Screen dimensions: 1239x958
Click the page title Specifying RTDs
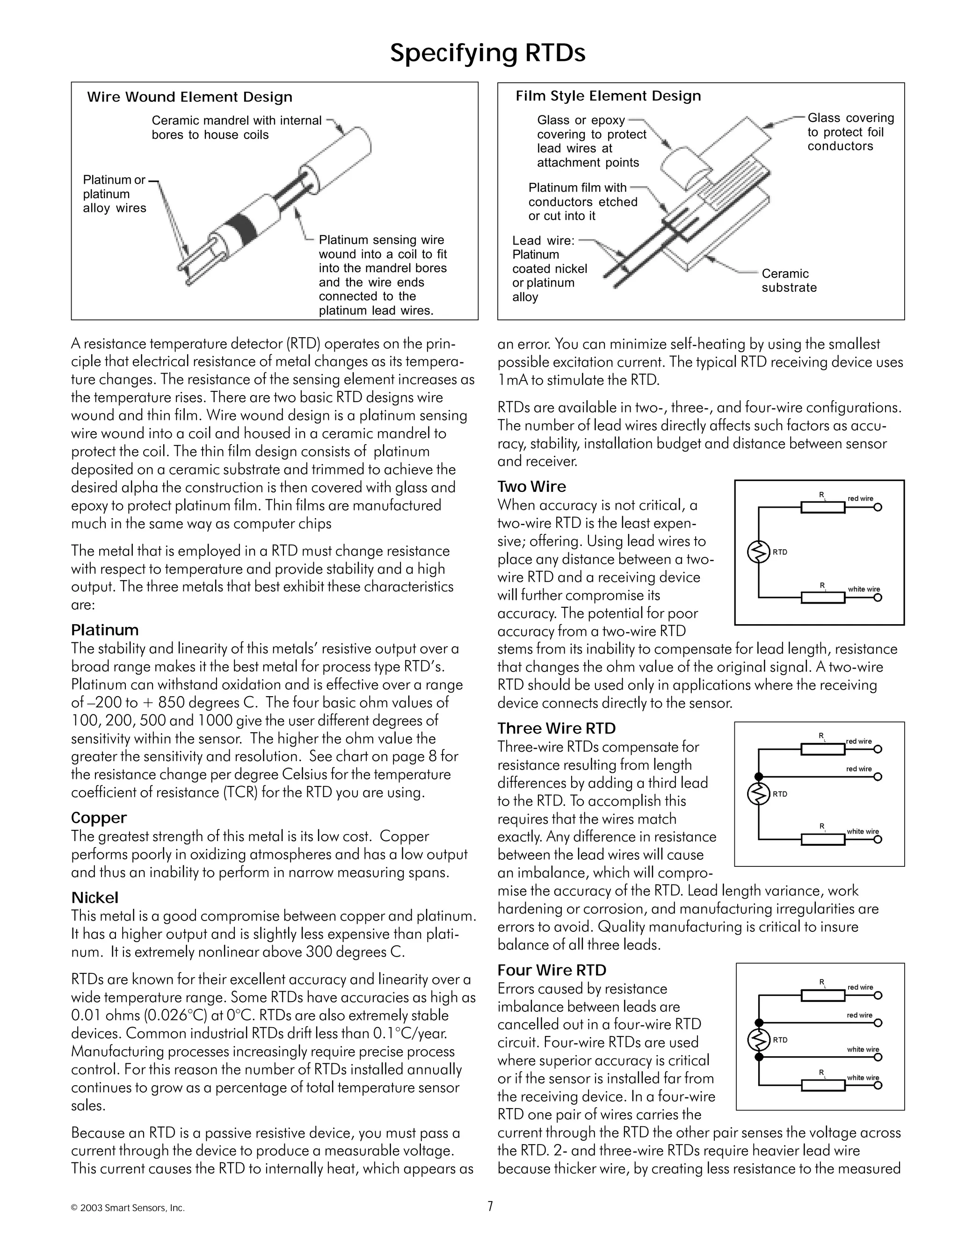(487, 53)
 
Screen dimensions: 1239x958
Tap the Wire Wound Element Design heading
(189, 97)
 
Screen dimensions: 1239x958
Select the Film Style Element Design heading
(608, 96)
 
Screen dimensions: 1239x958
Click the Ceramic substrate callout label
(788, 280)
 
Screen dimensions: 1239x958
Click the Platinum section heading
(104, 630)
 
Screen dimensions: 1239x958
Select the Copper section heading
(99, 817)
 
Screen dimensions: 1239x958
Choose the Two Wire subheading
(531, 487)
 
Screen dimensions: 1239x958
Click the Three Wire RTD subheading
(556, 728)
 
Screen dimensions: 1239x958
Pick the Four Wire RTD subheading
(552, 970)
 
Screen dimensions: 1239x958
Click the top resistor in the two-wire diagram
(822, 507)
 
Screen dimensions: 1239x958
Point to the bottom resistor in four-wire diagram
(822, 1085)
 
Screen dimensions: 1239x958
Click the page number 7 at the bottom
(490, 1206)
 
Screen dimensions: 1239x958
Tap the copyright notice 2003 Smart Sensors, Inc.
(128, 1208)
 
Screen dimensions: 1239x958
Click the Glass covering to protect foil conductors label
(849, 132)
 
